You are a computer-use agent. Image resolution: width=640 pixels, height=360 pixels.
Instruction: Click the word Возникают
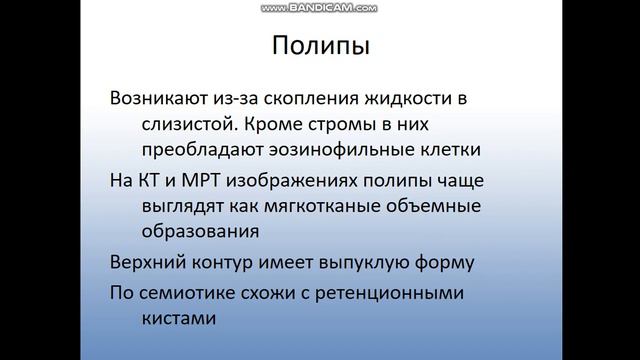(x=160, y=100)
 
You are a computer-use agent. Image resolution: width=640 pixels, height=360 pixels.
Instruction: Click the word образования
(x=188, y=231)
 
